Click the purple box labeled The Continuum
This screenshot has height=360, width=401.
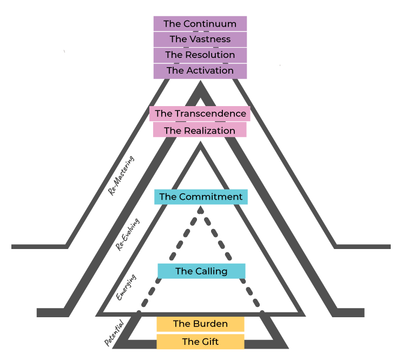click(x=200, y=24)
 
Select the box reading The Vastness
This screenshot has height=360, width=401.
click(x=200, y=40)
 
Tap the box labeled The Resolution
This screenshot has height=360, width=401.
click(x=200, y=55)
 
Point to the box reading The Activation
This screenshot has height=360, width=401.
click(x=200, y=70)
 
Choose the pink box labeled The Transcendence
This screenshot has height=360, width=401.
click(x=200, y=114)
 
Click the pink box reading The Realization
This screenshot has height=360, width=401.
click(x=200, y=130)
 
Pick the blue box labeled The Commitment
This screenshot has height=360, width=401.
click(x=201, y=197)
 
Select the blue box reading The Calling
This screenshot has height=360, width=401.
click(x=201, y=271)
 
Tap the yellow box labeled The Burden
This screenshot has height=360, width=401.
click(x=200, y=324)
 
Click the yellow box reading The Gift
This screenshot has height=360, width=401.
click(x=200, y=342)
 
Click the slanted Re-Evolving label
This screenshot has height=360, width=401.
click(x=128, y=234)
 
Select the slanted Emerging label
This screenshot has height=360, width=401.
click(x=126, y=287)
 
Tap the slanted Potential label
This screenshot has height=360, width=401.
click(x=114, y=333)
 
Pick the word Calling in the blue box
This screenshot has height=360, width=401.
click(x=211, y=271)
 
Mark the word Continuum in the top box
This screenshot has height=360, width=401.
click(x=210, y=24)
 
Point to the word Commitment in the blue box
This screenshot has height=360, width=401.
click(x=211, y=197)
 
